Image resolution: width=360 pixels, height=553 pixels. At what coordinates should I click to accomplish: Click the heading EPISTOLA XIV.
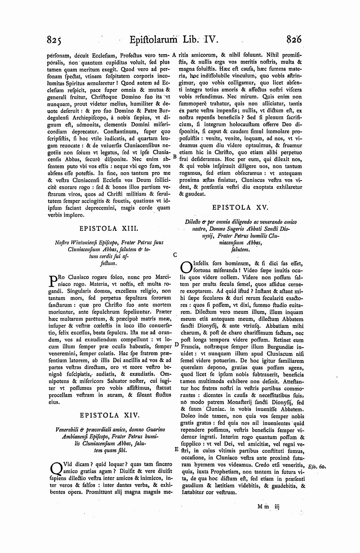click(x=110, y=415)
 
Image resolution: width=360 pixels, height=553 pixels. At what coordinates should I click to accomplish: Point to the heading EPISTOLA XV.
click(x=240, y=208)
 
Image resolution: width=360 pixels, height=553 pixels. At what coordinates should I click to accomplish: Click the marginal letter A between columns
click(x=174, y=55)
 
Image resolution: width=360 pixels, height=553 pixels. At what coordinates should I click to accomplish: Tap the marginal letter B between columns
click(x=174, y=155)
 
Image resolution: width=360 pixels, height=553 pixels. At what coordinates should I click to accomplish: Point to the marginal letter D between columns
click(x=176, y=346)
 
